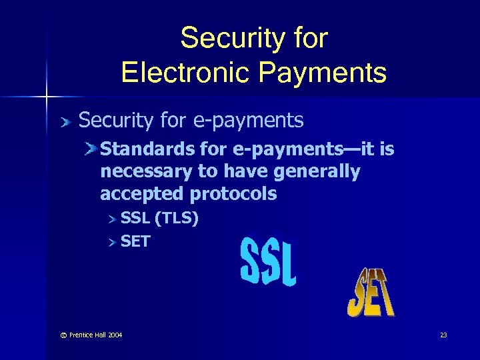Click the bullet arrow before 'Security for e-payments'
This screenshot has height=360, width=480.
[x=65, y=121]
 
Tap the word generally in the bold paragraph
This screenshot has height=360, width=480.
[x=319, y=172]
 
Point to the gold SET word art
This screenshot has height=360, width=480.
[x=371, y=293]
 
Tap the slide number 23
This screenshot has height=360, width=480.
[x=443, y=335]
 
